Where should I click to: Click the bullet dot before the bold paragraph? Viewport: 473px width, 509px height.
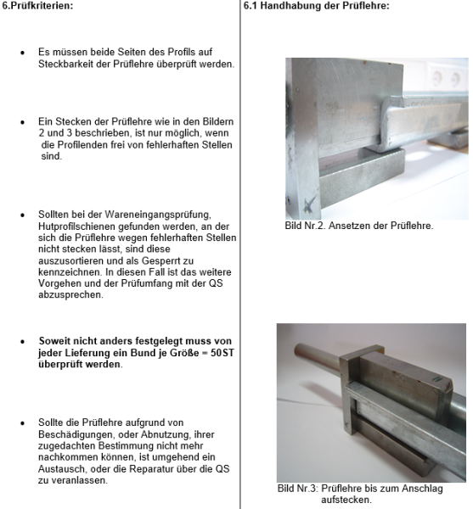[23, 343]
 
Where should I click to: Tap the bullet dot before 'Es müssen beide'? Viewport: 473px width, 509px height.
[23, 53]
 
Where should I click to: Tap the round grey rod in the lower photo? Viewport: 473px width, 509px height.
[301, 356]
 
